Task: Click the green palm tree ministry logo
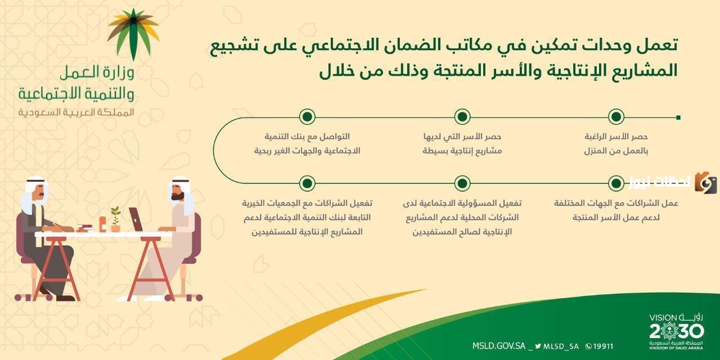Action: pyautogui.click(x=133, y=34)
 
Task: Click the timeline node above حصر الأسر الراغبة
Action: pyautogui.click(x=616, y=117)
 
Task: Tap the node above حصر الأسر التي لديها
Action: pyautogui.click(x=462, y=117)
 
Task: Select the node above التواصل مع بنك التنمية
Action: pyautogui.click(x=307, y=117)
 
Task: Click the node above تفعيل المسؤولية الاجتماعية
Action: pyautogui.click(x=462, y=183)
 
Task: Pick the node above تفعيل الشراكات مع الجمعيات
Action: pyautogui.click(x=307, y=183)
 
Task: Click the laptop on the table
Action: pyautogui.click(x=137, y=220)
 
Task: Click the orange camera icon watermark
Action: pyautogui.click(x=705, y=183)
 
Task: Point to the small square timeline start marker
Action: pyautogui.click(x=678, y=118)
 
